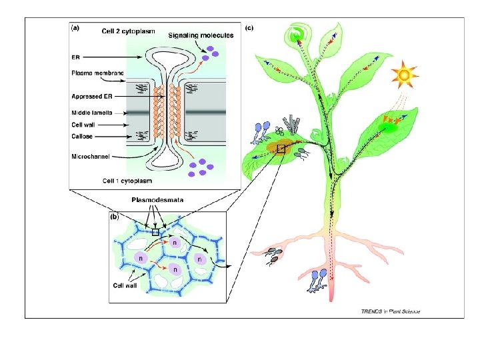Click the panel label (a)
click(76, 29)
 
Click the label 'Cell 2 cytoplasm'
click(127, 30)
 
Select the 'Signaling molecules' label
click(201, 35)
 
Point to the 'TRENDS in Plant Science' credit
click(390, 311)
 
